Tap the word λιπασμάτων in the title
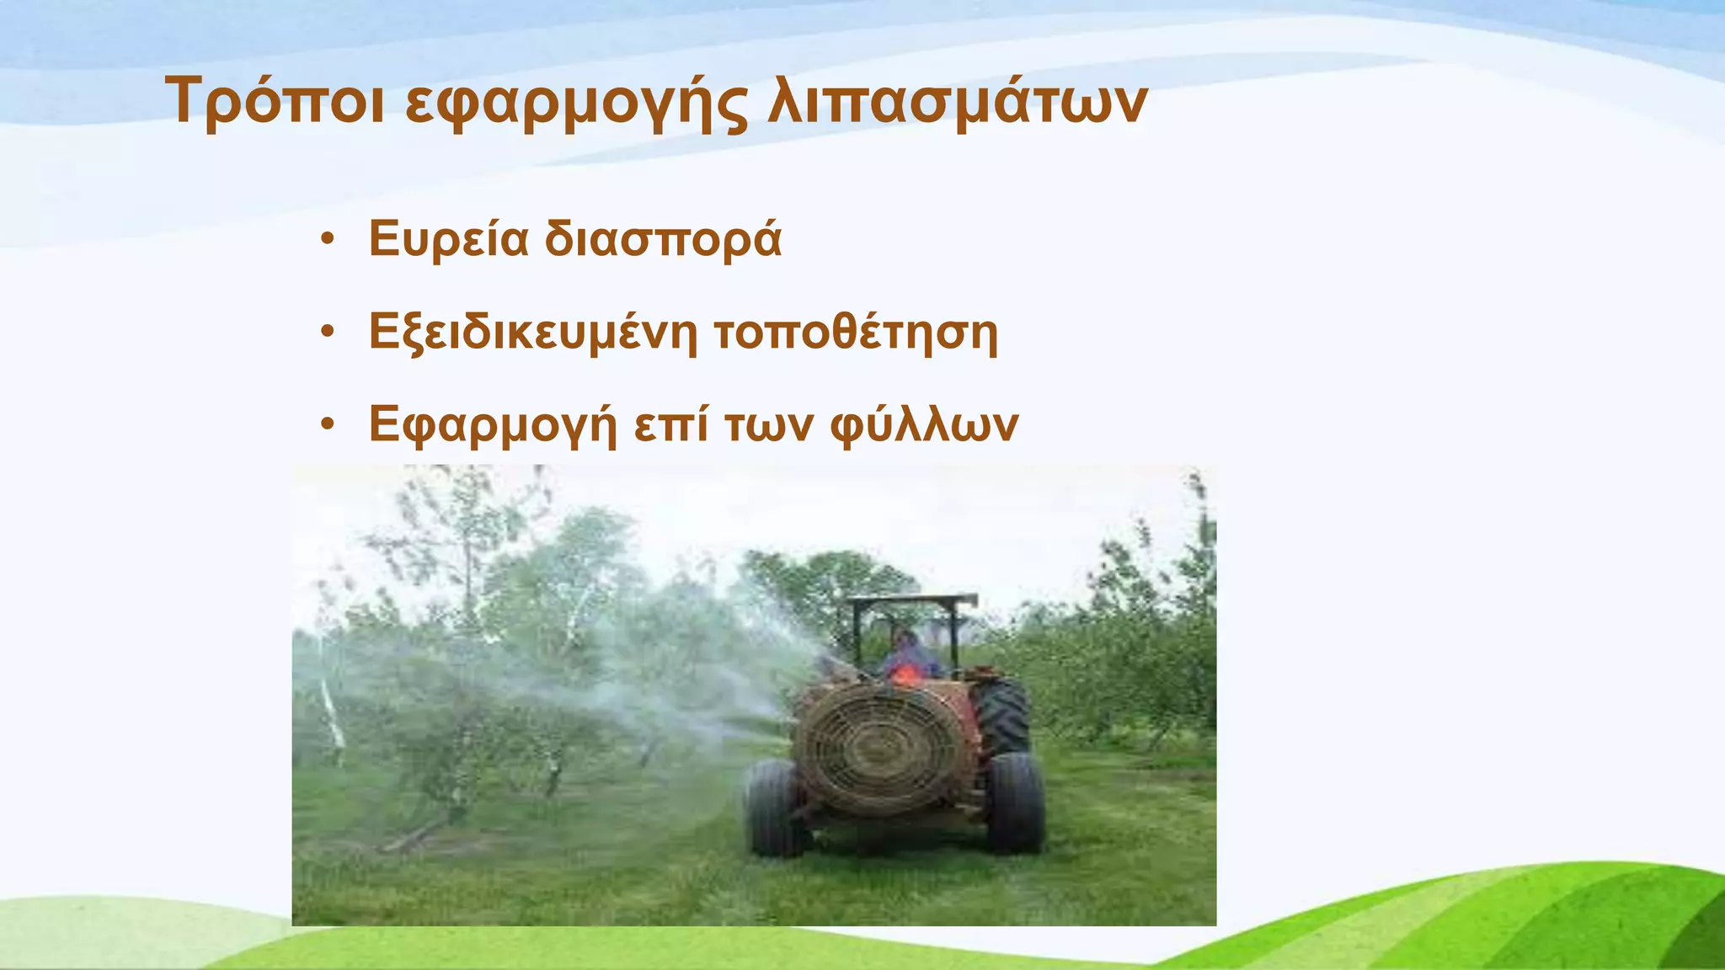pyautogui.click(x=956, y=103)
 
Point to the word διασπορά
pyautogui.click(x=663, y=240)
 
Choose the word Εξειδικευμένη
pyautogui.click(x=533, y=333)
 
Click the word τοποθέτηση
pyautogui.click(x=856, y=333)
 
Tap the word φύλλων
pyautogui.click(x=924, y=425)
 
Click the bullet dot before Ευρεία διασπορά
pyautogui.click(x=328, y=239)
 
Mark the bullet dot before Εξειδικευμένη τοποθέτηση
pyautogui.click(x=328, y=332)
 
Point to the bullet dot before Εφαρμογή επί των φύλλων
pyautogui.click(x=328, y=424)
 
